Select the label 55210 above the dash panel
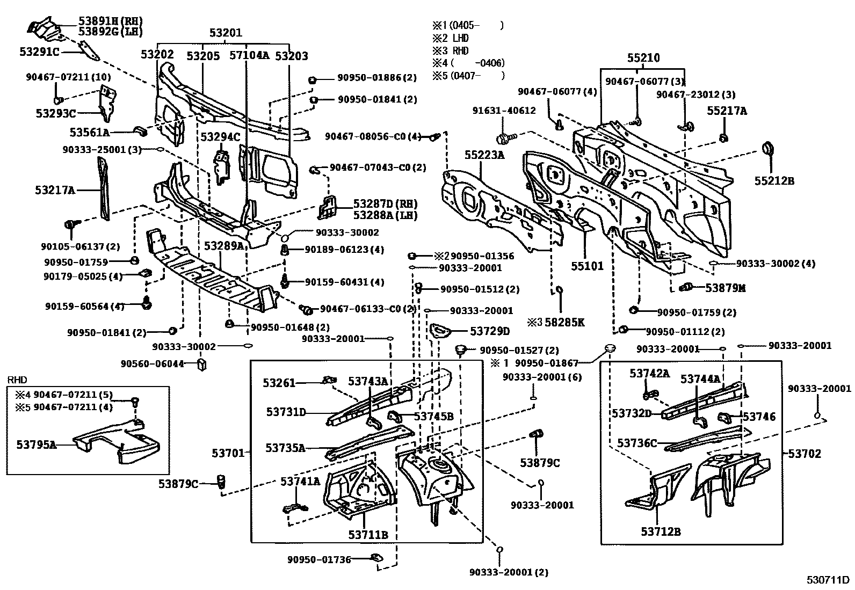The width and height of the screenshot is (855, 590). coord(643,58)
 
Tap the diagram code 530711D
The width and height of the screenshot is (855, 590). coord(827,580)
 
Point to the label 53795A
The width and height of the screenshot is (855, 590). coord(37,445)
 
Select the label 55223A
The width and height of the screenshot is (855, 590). coord(484,156)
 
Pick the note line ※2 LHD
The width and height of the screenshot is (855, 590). coord(451,38)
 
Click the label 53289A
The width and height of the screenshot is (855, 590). coord(224,246)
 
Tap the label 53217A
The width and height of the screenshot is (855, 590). coord(55,190)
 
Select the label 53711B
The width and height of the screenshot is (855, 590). coord(368,535)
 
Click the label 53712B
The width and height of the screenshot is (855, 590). coord(660,532)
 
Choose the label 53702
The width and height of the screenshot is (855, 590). coord(805,454)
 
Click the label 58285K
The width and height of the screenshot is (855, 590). coord(564,323)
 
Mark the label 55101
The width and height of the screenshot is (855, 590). coord(587,266)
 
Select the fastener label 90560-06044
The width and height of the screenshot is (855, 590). coord(153,364)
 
